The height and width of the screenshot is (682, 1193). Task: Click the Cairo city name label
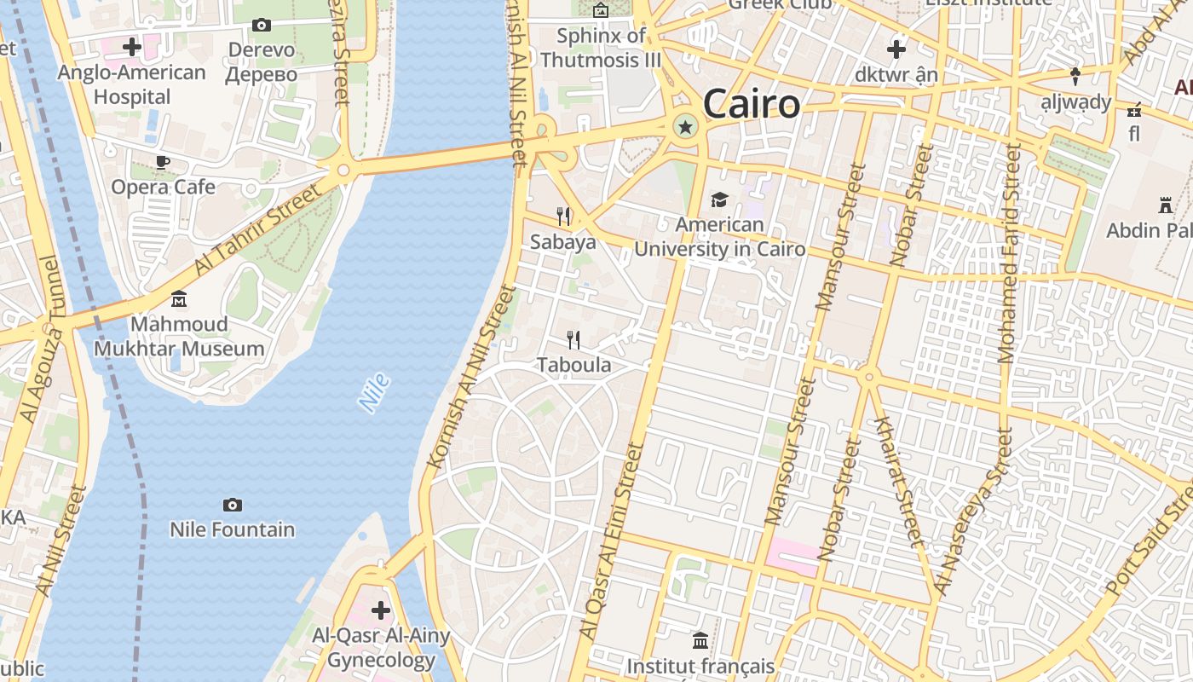point(752,104)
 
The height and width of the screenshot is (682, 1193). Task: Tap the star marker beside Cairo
point(684,128)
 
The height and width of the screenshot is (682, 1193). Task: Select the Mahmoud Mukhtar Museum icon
point(179,299)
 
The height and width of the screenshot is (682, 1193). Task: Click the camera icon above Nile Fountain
point(232,506)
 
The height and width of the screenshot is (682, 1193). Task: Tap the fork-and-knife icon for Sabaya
point(562,217)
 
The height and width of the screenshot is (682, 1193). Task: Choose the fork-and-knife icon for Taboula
point(573,340)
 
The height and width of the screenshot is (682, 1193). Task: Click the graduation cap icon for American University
point(719,199)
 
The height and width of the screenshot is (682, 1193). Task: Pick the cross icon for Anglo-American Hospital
point(132,47)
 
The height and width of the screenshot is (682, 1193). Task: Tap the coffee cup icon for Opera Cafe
point(163,162)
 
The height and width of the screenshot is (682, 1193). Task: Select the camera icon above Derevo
point(262,26)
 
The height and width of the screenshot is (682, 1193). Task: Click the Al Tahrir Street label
point(259,228)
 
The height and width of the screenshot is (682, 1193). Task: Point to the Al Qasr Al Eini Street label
point(611,540)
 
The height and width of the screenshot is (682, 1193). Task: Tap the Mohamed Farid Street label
point(1008,253)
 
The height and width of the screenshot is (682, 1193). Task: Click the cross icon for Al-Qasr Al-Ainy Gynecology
point(381,610)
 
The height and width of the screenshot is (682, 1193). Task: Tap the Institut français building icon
point(700,640)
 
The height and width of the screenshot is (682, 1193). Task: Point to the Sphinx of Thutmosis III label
point(601,48)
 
